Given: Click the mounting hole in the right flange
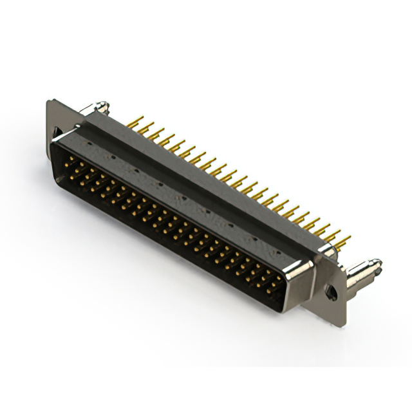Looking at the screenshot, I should [x=331, y=292].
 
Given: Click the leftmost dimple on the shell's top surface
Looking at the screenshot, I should [x=113, y=156].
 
